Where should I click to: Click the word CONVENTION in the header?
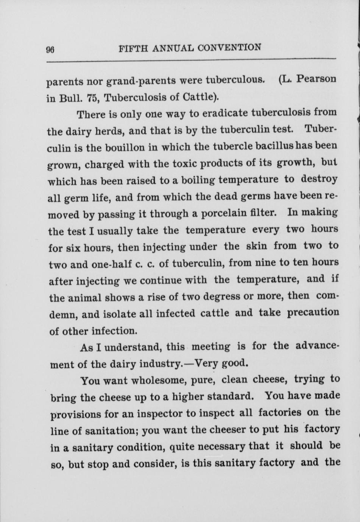pyautogui.click(x=229, y=48)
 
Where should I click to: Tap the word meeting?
pyautogui.click(x=211, y=346)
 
